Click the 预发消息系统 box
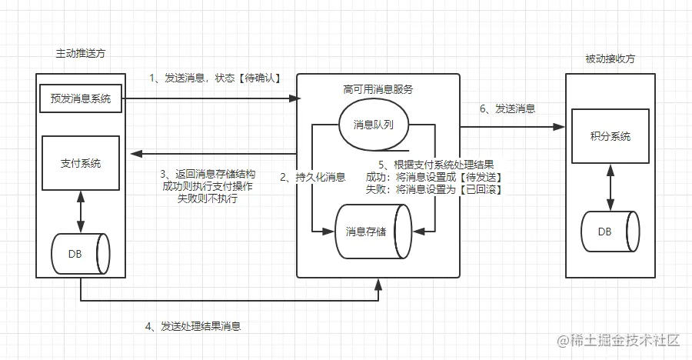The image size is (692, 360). coord(81,98)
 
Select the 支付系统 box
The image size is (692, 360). coord(80,164)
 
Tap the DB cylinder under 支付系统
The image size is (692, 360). coord(80,253)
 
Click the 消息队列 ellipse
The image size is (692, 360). coord(374,124)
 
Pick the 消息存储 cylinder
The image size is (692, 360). coord(374,230)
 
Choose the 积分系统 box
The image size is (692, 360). coord(610,136)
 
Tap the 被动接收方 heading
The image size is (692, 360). coord(610,58)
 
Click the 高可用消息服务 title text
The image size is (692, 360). coord(378,89)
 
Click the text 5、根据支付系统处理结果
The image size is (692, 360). coord(437,164)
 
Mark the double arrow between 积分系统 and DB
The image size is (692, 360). coord(610,187)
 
